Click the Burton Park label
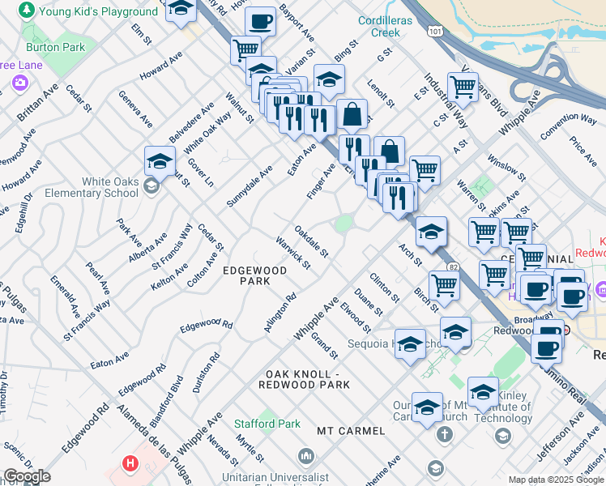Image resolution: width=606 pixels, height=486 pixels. click(x=62, y=48)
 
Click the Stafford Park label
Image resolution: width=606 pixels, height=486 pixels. click(x=267, y=424)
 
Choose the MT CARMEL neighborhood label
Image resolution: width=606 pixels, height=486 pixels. click(x=349, y=430)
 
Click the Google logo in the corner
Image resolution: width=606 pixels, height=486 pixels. click(x=27, y=477)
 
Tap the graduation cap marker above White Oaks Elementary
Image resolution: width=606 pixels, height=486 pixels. click(x=160, y=160)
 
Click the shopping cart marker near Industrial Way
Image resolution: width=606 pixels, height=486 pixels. click(x=463, y=86)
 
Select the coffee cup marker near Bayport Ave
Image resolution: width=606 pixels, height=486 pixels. click(x=261, y=21)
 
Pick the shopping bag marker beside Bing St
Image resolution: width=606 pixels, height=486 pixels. click(x=352, y=114)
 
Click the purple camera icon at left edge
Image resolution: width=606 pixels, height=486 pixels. click(x=19, y=83)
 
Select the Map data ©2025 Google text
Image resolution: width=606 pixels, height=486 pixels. click(x=555, y=480)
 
